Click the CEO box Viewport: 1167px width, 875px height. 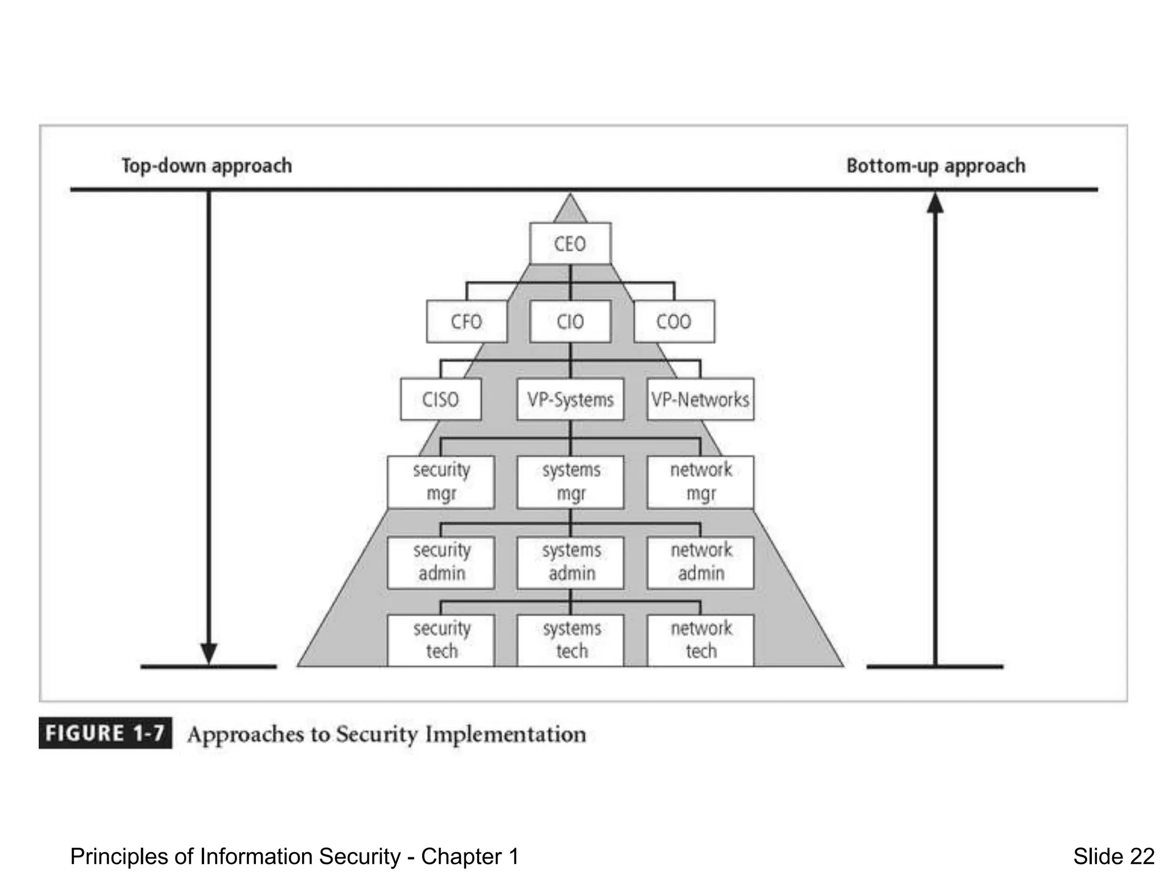570,244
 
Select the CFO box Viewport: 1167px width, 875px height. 466,322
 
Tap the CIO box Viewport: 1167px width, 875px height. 570,322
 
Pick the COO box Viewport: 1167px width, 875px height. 674,322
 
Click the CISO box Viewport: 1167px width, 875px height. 440,399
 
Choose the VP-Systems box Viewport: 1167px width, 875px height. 570,399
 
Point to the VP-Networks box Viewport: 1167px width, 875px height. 700,399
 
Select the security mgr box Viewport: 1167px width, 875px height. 440,482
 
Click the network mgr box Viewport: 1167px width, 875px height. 700,482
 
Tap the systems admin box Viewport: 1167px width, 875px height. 570,562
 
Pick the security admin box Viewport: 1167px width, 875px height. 440,562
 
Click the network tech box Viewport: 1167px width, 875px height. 700,640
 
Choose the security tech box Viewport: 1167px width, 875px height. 440,640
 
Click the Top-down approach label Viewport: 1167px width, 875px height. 206,166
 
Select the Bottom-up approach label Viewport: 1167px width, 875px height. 935,166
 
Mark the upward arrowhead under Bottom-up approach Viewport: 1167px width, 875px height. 935,203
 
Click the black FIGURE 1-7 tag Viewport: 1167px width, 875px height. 105,733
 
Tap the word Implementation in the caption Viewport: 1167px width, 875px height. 505,734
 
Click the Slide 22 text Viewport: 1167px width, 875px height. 1113,856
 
